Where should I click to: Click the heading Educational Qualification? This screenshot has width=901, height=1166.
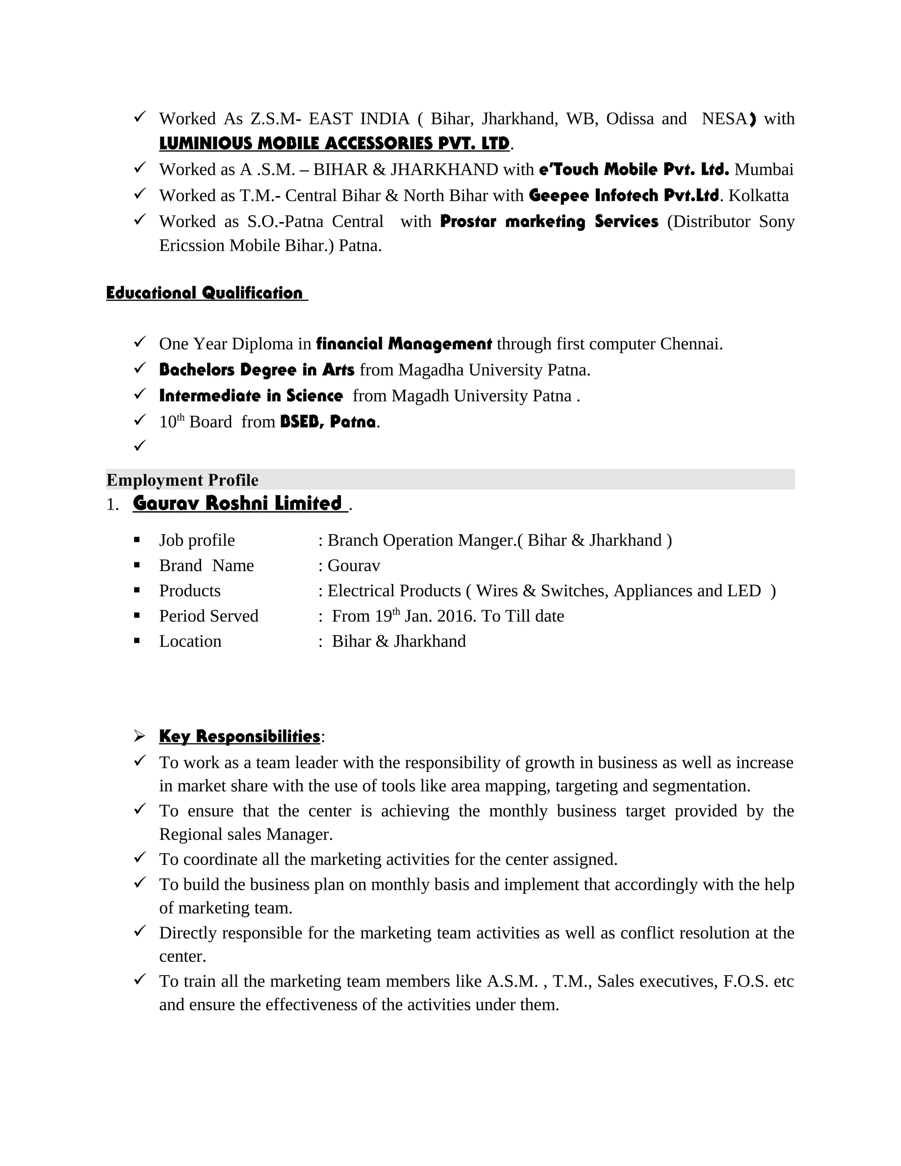click(205, 293)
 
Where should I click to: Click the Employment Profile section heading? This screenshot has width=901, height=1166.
click(182, 480)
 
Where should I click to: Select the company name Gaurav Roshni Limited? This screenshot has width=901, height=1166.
click(238, 503)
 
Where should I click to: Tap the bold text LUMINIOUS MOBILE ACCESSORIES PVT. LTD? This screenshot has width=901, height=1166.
click(334, 143)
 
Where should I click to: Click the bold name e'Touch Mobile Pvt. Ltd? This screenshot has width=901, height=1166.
click(634, 169)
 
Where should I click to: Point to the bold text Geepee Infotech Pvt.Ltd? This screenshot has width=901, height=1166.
click(623, 195)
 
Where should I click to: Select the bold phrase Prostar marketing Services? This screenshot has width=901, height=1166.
click(549, 222)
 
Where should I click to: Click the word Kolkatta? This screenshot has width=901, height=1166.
click(758, 196)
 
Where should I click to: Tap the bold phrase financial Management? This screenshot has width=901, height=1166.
click(403, 344)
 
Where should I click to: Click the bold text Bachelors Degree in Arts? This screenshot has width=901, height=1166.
click(256, 370)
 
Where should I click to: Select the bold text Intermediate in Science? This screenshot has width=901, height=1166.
click(251, 396)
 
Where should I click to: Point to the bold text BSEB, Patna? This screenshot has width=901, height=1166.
click(328, 422)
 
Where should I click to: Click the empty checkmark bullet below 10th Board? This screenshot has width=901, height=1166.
click(139, 445)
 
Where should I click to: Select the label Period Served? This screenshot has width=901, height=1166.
click(208, 616)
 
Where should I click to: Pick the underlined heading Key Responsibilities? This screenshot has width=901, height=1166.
click(239, 736)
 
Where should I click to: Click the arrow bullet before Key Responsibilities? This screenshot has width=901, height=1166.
click(139, 737)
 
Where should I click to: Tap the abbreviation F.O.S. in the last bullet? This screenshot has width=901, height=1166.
click(745, 981)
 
